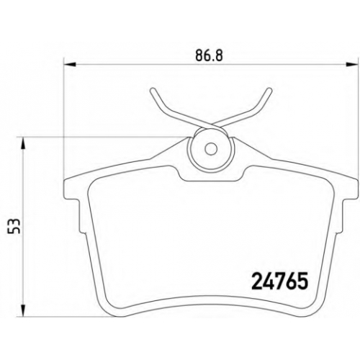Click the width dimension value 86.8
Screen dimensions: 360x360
[x=210, y=55]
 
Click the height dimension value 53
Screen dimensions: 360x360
[x=14, y=226]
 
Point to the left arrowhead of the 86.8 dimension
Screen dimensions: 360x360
[x=70, y=64]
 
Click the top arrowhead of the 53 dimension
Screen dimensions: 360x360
[x=23, y=143]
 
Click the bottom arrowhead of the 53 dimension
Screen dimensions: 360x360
[x=23, y=310]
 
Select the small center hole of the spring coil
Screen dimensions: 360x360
[x=211, y=149]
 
